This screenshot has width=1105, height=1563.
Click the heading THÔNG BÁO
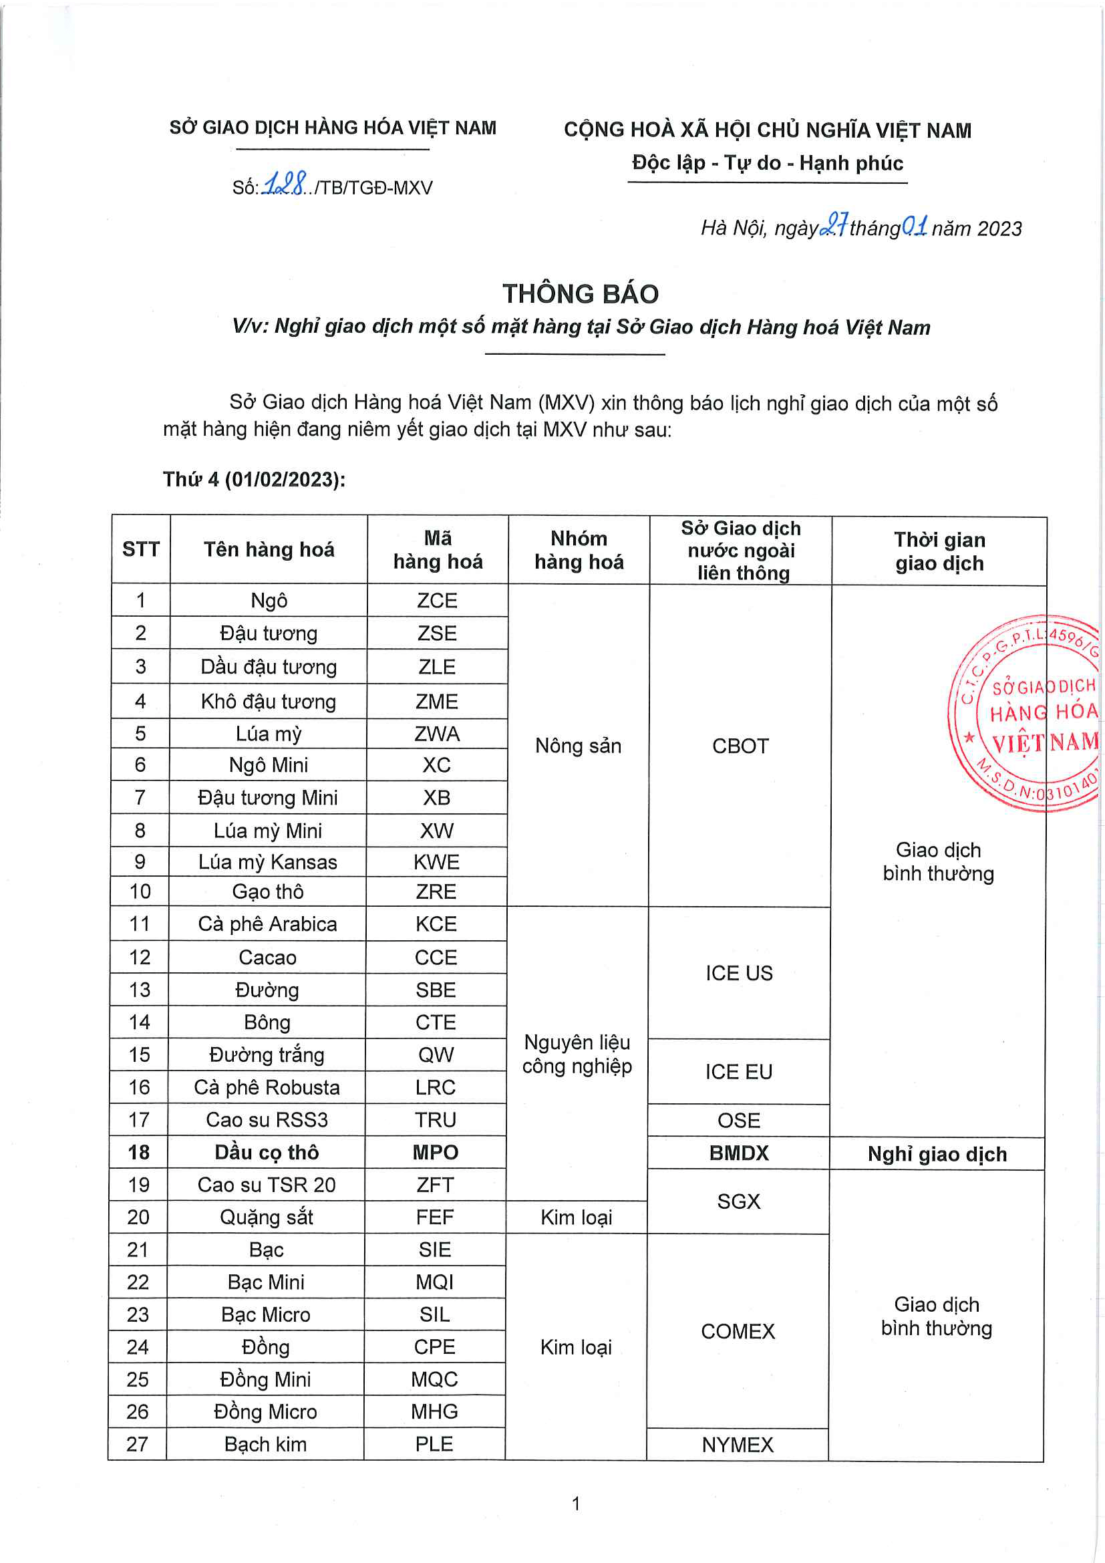[580, 294]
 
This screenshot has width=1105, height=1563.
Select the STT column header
[141, 549]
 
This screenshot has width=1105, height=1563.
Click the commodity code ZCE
[437, 601]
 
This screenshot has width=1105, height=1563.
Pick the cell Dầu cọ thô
[267, 1153]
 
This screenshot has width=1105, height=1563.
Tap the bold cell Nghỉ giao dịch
[937, 1155]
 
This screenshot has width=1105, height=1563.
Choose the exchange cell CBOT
[740, 746]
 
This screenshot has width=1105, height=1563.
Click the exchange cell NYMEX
[738, 1445]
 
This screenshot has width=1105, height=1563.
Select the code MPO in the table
[436, 1153]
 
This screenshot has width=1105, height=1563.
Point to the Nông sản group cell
[579, 746]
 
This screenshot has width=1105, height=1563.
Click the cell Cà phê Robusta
[267, 1087]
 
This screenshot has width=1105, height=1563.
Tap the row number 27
[138, 1444]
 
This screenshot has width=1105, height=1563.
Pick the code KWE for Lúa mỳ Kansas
[436, 863]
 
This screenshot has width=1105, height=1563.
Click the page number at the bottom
[577, 1503]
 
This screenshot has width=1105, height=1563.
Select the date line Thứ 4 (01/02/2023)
[254, 479]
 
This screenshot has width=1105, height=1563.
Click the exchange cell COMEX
[738, 1332]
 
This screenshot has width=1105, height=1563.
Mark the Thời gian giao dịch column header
[939, 551]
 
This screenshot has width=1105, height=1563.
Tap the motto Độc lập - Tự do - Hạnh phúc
[768, 163]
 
